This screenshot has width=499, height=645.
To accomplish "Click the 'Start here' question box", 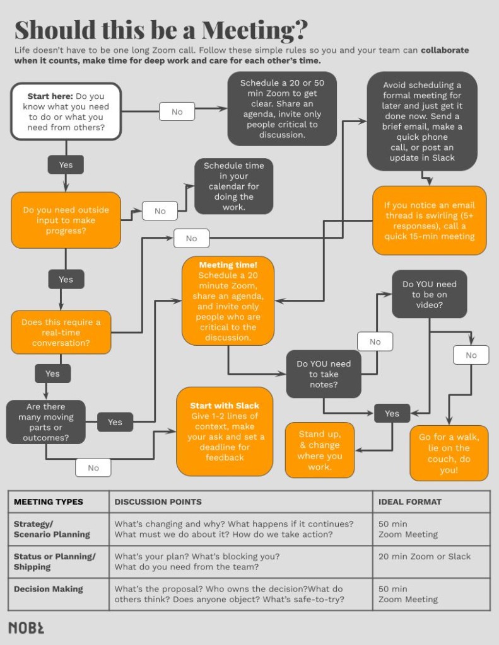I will click(66, 111).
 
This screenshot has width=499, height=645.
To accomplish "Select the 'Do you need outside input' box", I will click(66, 220).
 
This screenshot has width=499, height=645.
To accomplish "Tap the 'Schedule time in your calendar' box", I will click(233, 186).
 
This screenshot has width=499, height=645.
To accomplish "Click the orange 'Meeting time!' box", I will click(228, 300).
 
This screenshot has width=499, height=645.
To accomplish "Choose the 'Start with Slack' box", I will click(224, 431).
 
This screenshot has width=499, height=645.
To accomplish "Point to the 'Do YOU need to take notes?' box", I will click(324, 374).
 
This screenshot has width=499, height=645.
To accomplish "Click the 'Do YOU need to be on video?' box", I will click(429, 294).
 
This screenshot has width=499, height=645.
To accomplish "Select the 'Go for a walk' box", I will click(449, 453).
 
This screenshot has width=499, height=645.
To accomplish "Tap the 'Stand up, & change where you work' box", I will click(319, 450).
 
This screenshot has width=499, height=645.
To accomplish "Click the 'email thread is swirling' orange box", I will click(429, 220).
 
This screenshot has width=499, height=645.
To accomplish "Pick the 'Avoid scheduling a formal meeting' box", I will click(422, 121).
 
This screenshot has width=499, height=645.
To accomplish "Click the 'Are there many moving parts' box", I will click(45, 422).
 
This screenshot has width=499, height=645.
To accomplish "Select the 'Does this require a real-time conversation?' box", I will click(61, 332).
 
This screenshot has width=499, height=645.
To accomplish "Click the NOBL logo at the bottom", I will click(26, 627).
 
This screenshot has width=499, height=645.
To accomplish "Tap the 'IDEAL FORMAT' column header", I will click(410, 502).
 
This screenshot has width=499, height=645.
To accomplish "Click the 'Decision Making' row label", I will click(49, 589).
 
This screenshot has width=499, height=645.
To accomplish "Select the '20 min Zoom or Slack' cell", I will click(425, 556).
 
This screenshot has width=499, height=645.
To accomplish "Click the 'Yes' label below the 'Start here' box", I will click(66, 165).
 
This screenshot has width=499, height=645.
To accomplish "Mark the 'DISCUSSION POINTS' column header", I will click(158, 502).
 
